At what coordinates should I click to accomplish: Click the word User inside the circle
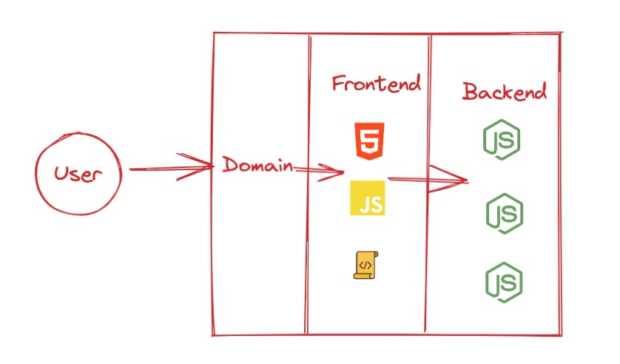tap(77, 175)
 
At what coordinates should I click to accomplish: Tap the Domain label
tap(257, 165)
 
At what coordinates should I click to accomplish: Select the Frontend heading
tap(376, 83)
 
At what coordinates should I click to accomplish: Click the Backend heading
tap(505, 92)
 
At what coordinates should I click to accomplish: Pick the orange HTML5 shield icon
tap(368, 141)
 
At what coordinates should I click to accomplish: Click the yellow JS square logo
tap(368, 198)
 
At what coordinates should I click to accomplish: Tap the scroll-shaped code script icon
tap(365, 265)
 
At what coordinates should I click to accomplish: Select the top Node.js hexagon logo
tap(501, 141)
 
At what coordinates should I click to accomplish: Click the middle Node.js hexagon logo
tap(505, 213)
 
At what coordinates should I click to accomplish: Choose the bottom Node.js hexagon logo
tap(504, 282)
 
